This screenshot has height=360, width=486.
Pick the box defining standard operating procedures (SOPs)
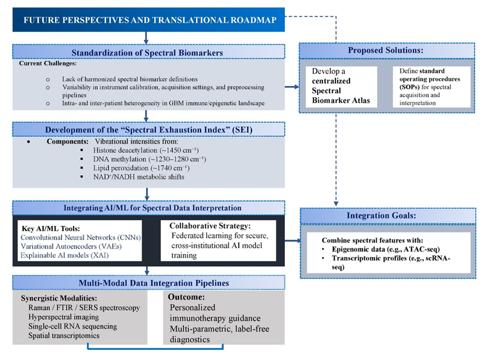tap(429, 86)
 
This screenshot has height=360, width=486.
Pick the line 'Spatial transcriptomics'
tap(63, 336)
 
